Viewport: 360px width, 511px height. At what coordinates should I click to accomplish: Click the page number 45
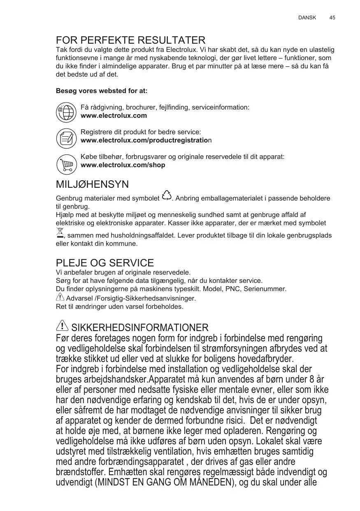coord(332,18)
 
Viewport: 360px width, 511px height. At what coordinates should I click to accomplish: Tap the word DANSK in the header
coord(307,18)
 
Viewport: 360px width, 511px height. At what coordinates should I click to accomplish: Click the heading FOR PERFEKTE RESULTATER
coord(130,40)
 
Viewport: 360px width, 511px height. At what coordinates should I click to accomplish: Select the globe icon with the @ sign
coord(66,112)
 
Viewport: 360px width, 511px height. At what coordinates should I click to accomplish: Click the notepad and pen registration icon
coord(66,138)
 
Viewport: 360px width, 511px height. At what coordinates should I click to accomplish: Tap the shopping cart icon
coord(66,164)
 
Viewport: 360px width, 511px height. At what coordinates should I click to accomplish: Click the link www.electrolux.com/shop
coord(123,165)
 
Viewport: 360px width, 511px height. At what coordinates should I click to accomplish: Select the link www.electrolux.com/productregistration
coord(146,140)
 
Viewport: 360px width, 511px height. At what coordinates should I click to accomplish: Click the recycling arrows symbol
coord(167,196)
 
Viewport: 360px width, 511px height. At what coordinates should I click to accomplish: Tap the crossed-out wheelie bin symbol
coord(60,233)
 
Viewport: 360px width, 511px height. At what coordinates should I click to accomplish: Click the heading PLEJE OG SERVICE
coord(105,263)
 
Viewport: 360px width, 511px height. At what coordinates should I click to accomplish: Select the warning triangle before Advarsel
coord(60,296)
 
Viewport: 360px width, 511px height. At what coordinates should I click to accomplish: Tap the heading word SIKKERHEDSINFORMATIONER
coord(140,328)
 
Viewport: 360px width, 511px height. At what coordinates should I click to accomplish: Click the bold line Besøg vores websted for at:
coord(102,91)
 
